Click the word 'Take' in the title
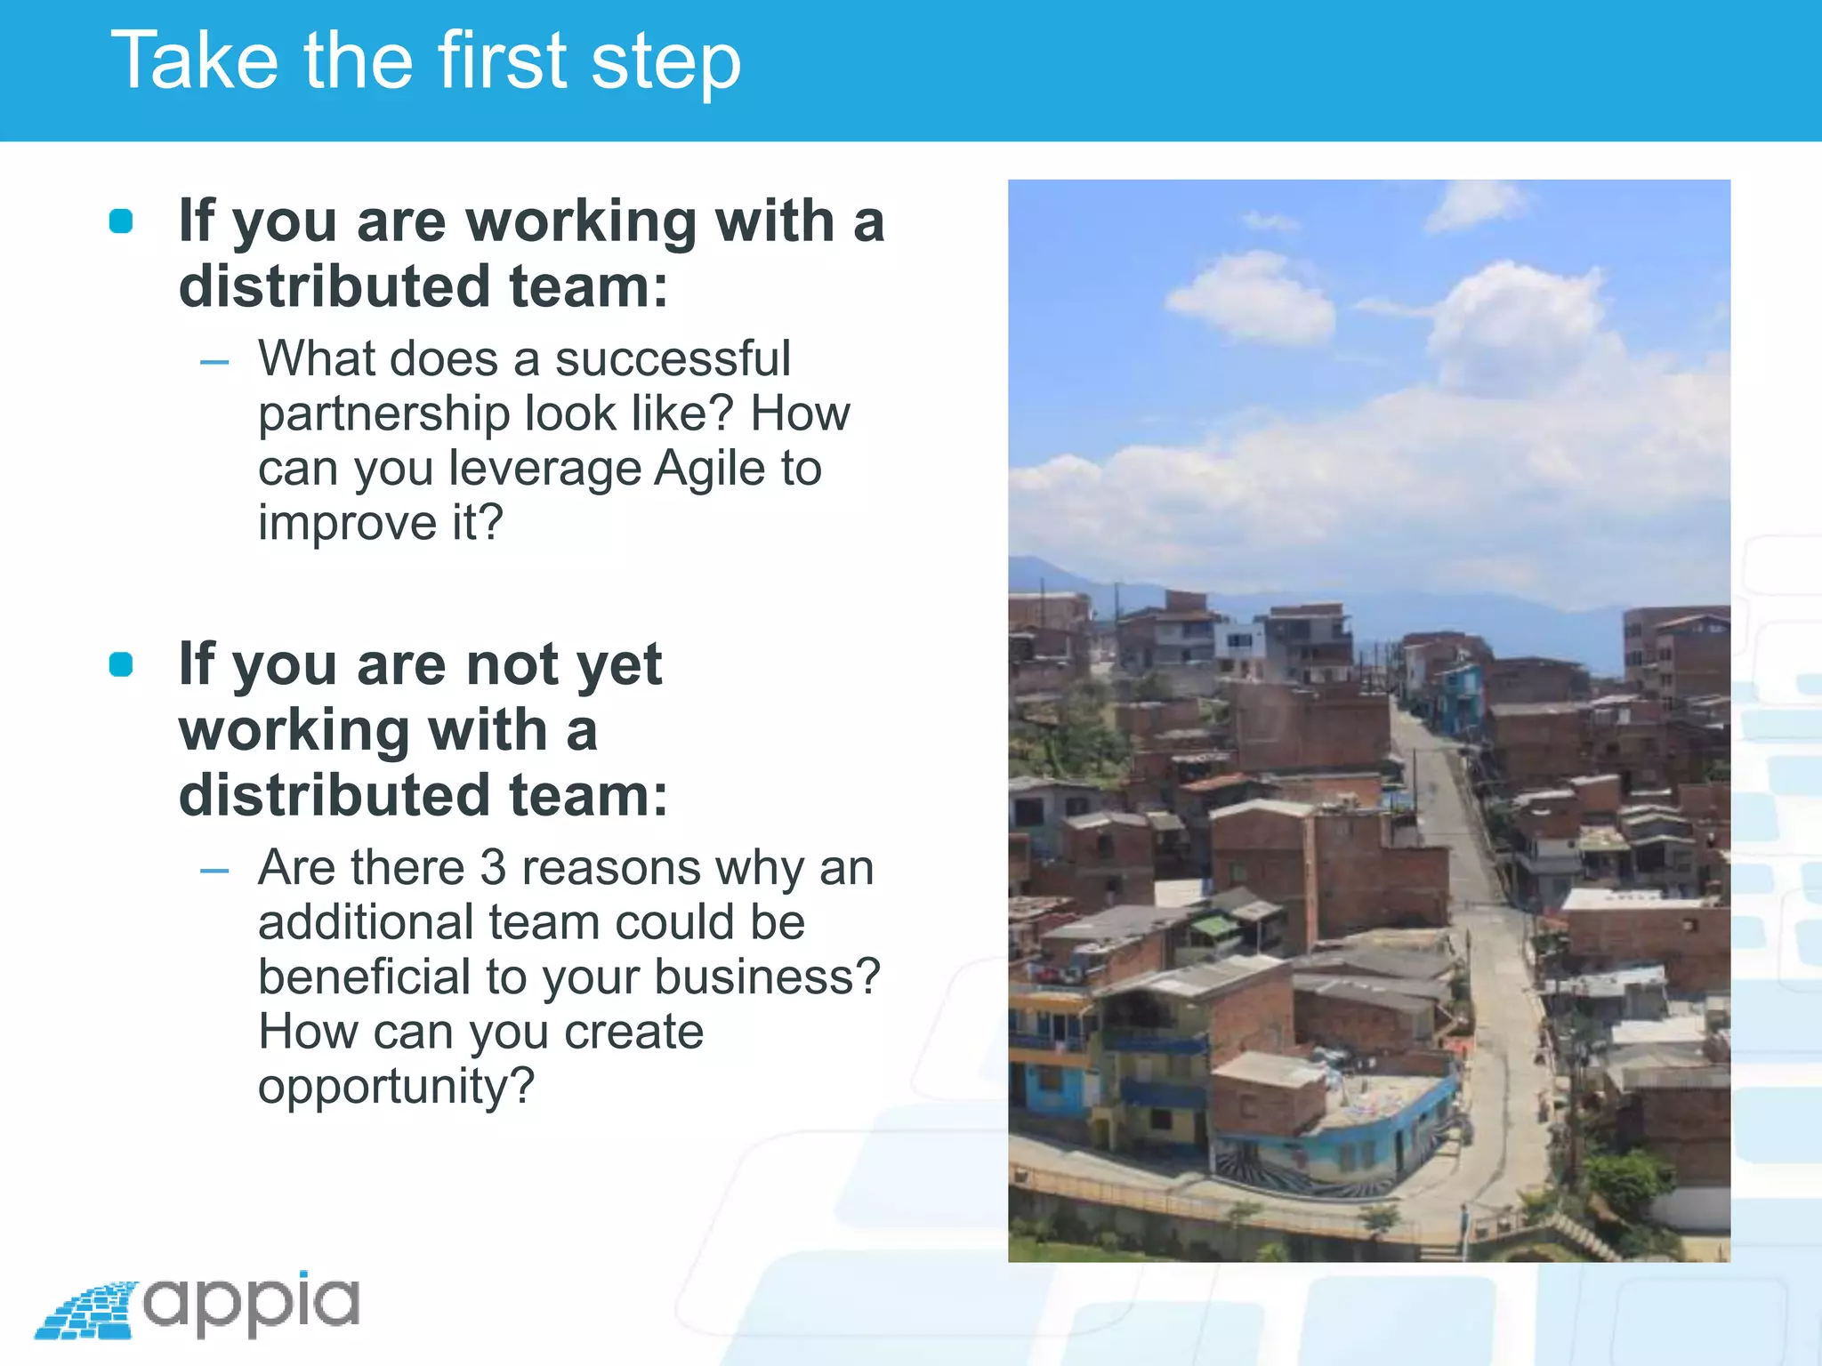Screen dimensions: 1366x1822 [x=194, y=60]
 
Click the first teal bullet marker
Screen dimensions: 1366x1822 [x=121, y=221]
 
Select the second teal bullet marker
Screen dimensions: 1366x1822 [x=121, y=664]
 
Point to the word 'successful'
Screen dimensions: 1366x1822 [x=673, y=358]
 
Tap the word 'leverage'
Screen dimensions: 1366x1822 [x=544, y=470]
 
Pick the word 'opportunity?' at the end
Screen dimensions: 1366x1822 [x=396, y=1087]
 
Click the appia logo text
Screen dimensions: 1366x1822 [x=252, y=1304]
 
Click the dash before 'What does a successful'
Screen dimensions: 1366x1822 [x=214, y=362]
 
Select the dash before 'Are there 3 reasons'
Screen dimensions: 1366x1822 [x=214, y=871]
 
